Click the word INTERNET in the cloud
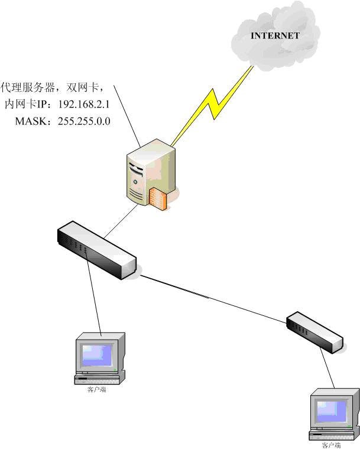275,35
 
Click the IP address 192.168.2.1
84,104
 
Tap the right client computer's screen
332,411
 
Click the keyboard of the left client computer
98,378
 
